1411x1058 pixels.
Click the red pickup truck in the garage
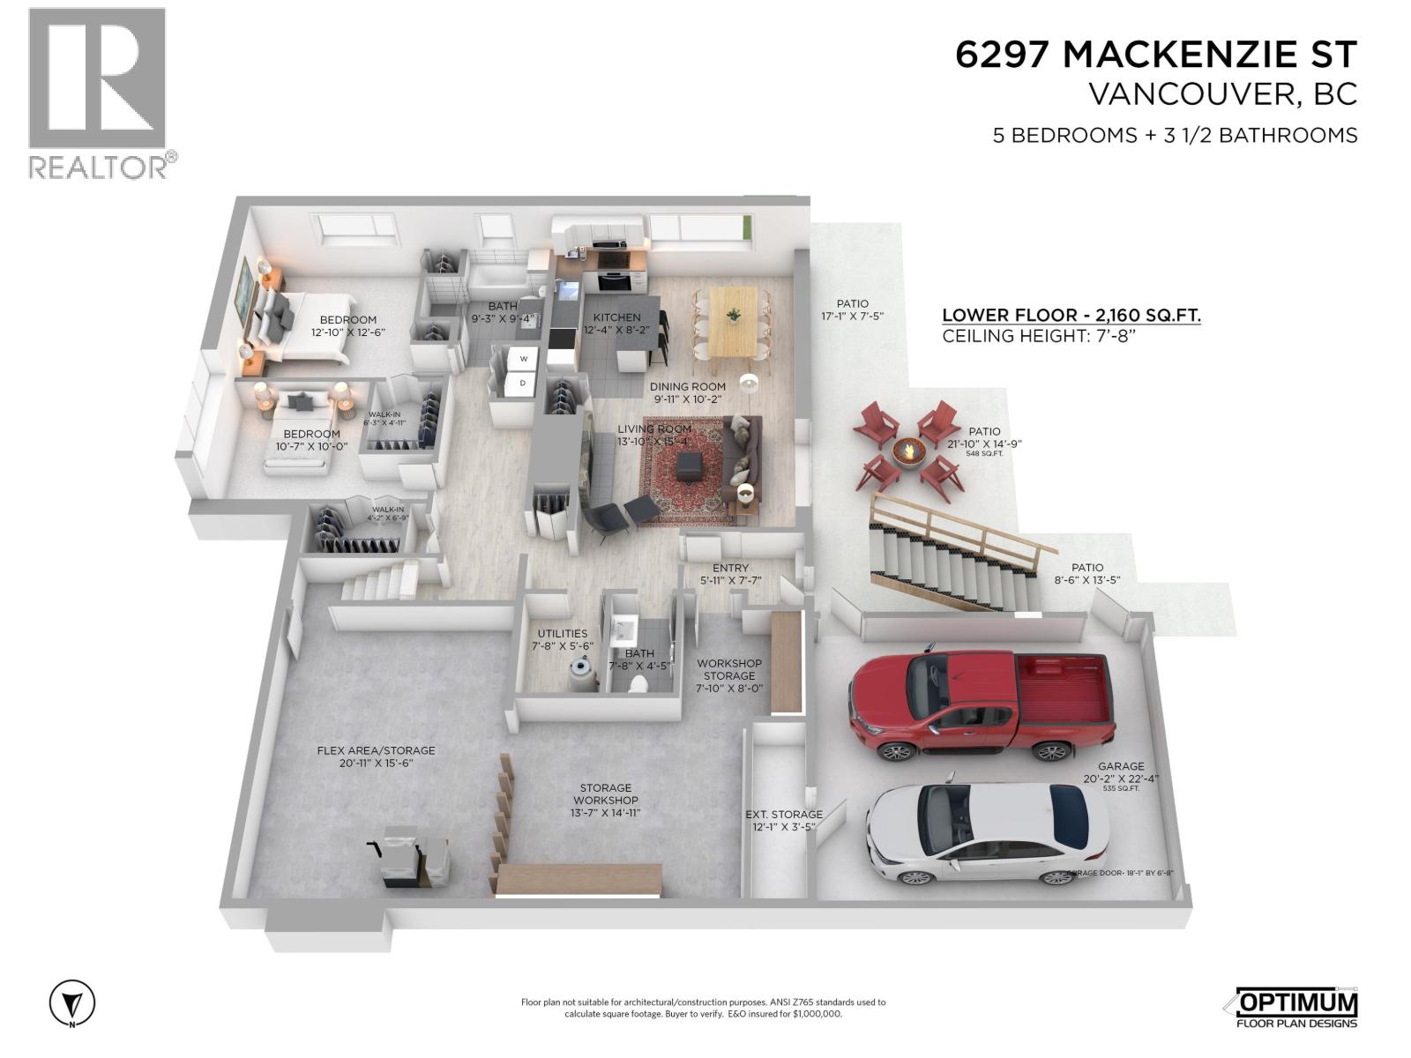pyautogui.click(x=979, y=705)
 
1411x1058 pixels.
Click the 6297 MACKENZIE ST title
pyautogui.click(x=1156, y=55)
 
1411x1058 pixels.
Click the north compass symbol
pyautogui.click(x=71, y=1003)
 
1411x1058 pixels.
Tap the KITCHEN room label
pyautogui.click(x=616, y=317)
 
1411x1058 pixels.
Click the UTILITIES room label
pyautogui.click(x=563, y=633)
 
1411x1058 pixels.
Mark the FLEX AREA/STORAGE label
pyautogui.click(x=377, y=750)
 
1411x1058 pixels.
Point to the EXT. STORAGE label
pyautogui.click(x=784, y=814)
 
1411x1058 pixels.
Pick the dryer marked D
pyautogui.click(x=523, y=383)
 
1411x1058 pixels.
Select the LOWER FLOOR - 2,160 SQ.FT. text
pyautogui.click(x=1071, y=315)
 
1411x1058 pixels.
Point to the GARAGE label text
pyautogui.click(x=1121, y=766)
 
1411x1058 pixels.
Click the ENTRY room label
pyautogui.click(x=730, y=568)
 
